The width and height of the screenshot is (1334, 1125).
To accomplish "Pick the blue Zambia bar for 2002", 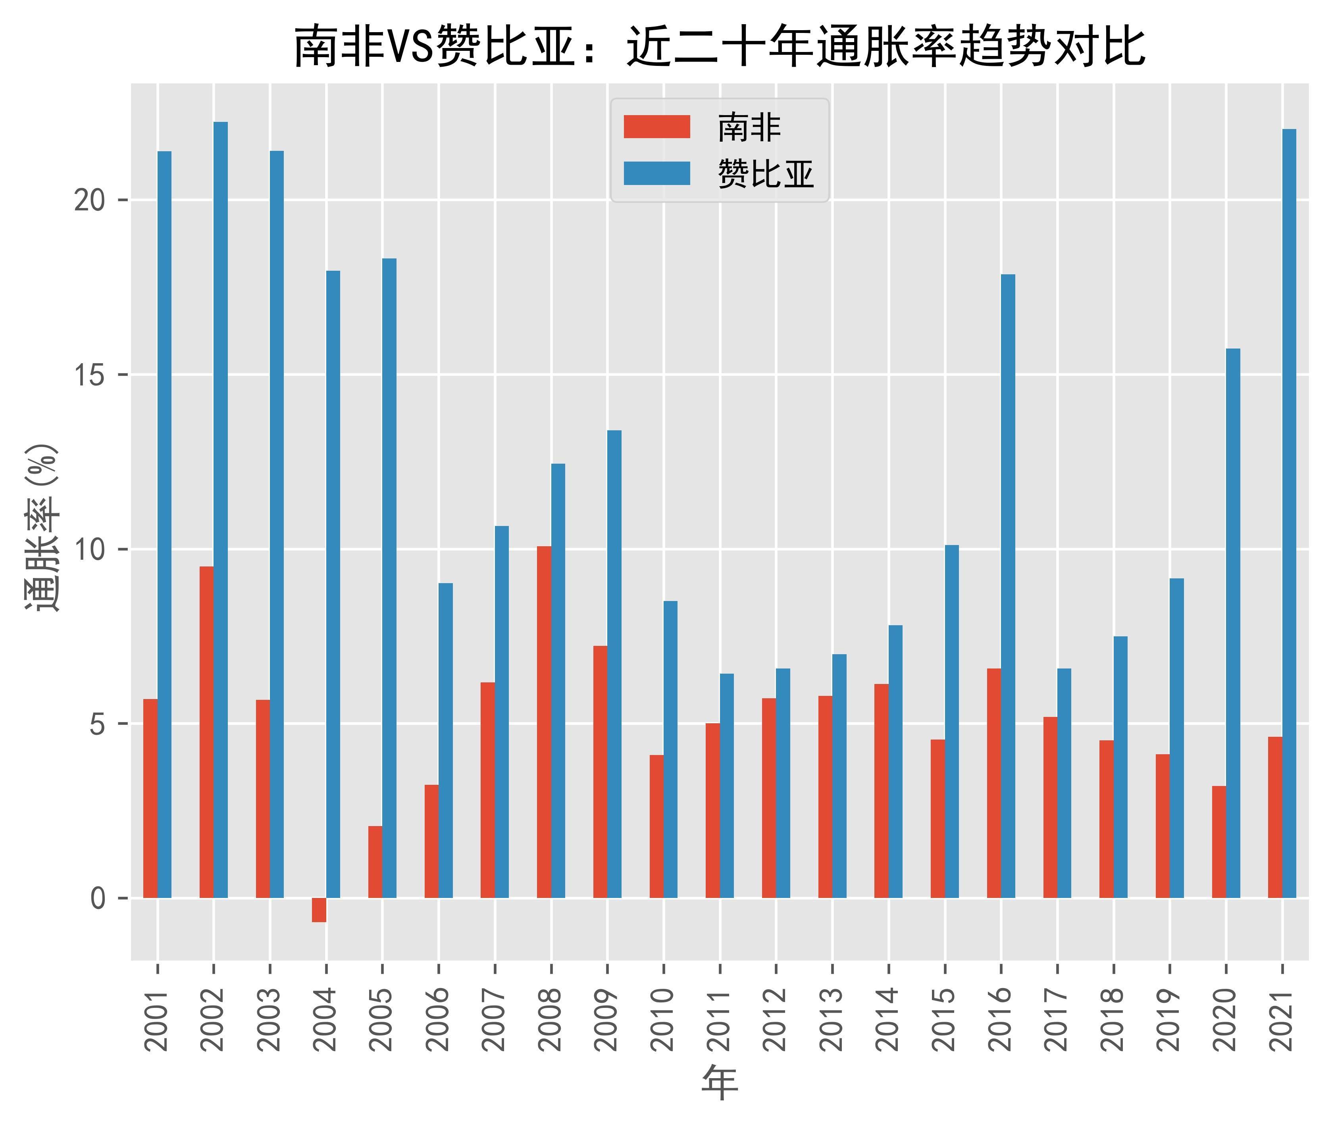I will click(221, 510).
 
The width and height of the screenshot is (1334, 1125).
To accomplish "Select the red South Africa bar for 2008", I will click(544, 722).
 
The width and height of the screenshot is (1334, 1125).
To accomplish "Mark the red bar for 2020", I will click(1219, 842).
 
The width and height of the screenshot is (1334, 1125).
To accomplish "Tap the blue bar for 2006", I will click(446, 740).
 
